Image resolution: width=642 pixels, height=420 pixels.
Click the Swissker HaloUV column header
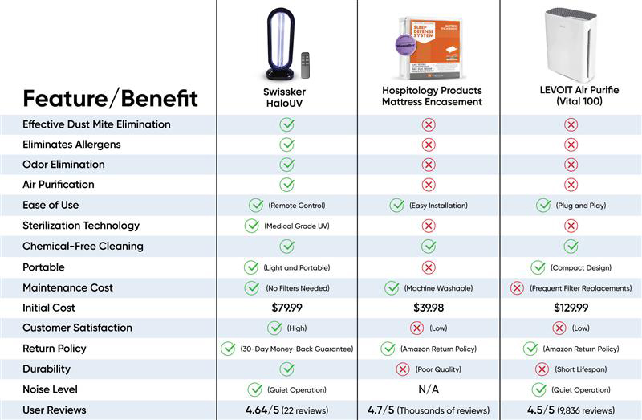coord(286,96)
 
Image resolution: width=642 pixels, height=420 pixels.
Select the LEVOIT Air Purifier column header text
coord(571,96)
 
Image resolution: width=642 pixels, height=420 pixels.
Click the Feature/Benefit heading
coord(110,99)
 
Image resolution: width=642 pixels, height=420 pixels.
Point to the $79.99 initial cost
coord(286,308)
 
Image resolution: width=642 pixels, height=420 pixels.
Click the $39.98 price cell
coord(429,308)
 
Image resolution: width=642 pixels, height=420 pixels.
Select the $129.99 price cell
coord(571,308)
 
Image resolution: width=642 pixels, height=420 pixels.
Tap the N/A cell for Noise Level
coord(429,389)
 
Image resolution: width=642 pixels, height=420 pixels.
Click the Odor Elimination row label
coord(63,165)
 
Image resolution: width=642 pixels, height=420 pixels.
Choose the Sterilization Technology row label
coord(81,226)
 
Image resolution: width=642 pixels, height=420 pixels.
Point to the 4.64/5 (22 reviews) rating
coord(286,410)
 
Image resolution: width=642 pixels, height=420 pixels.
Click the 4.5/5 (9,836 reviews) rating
coord(571,410)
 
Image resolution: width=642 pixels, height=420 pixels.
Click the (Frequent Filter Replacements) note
coord(580,287)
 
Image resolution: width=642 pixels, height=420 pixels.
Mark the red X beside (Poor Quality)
coord(403,369)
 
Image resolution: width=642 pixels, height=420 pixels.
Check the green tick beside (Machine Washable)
coord(392,287)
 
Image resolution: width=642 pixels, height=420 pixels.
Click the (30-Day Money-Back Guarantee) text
coord(297,349)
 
